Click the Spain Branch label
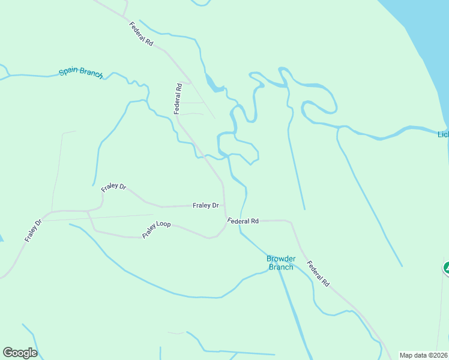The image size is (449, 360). click(81, 73)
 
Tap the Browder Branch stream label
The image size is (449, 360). click(280, 263)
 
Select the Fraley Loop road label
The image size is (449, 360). click(157, 229)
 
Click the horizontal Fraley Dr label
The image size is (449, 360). click(205, 205)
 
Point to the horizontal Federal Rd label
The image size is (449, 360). click(243, 221)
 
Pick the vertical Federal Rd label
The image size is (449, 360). click(178, 98)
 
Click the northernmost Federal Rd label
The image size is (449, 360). click(141, 35)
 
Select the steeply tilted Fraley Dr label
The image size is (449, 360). click(34, 231)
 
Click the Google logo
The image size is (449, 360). click(20, 353)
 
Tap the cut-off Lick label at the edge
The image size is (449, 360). click(443, 134)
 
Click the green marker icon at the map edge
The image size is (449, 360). click(447, 268)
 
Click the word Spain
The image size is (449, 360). click(69, 72)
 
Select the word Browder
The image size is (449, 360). click(280, 259)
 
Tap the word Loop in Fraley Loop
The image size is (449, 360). click(164, 226)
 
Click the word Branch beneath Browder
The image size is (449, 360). click(280, 267)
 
